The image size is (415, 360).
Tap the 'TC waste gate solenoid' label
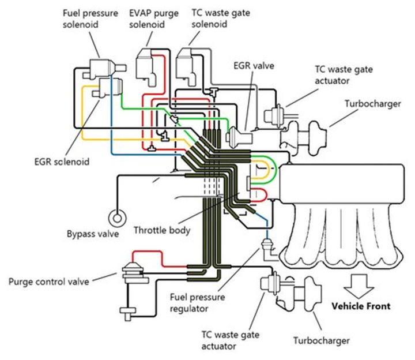216,18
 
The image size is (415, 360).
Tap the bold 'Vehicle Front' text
360,306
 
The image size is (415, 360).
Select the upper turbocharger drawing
300,131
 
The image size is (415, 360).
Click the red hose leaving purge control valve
161,254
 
